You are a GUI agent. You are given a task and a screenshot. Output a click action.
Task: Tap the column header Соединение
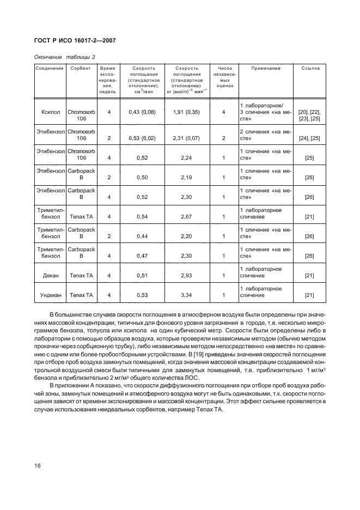click(x=50, y=69)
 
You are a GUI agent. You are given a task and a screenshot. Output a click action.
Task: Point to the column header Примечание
click(x=266, y=69)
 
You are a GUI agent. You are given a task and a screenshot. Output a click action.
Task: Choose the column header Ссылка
click(x=310, y=69)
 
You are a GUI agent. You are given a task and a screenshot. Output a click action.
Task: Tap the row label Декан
click(x=50, y=276)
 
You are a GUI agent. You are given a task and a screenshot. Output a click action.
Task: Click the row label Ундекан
click(x=50, y=295)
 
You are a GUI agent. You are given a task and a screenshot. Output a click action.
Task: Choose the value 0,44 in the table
click(x=142, y=236)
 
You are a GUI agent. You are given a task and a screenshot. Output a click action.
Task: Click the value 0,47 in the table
click(x=142, y=256)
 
